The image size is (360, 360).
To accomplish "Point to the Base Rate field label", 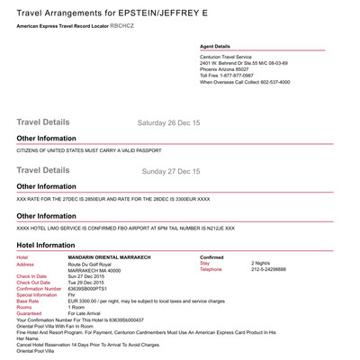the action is (28, 301).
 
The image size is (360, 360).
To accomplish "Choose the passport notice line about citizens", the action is (94, 150).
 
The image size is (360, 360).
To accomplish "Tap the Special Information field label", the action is (37, 294).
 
